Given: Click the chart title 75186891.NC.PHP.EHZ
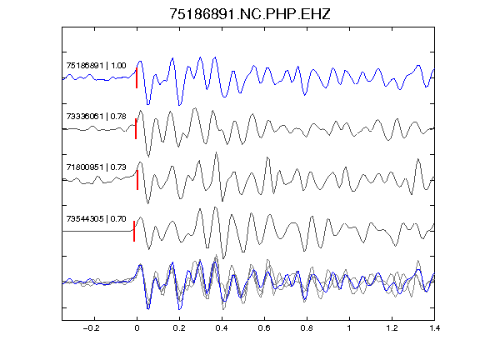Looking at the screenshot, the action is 250,14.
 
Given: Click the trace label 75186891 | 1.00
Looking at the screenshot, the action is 96,66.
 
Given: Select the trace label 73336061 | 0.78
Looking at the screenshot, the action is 96,117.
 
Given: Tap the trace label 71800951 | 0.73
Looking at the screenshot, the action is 96,167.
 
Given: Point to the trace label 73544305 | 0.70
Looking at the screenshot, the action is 96,219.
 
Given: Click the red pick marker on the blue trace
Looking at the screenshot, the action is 137,78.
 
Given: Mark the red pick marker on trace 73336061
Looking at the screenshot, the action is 136,129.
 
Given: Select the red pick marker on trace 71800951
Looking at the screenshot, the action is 137,180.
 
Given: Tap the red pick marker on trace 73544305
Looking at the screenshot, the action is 134,231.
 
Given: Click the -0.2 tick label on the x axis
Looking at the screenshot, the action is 92,328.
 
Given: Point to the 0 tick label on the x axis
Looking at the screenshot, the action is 137,328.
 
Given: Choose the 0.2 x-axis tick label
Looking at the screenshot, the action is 179,328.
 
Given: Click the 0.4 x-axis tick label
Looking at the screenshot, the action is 222,328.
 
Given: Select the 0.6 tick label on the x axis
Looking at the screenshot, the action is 264,328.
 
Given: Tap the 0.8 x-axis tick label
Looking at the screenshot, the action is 307,328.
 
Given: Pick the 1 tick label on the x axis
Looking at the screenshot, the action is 349,328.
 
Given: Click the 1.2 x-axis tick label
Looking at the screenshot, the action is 392,328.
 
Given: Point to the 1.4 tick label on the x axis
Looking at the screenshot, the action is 434,328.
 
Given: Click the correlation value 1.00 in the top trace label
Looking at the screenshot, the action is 118,66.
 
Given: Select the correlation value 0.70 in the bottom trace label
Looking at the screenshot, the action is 118,219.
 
